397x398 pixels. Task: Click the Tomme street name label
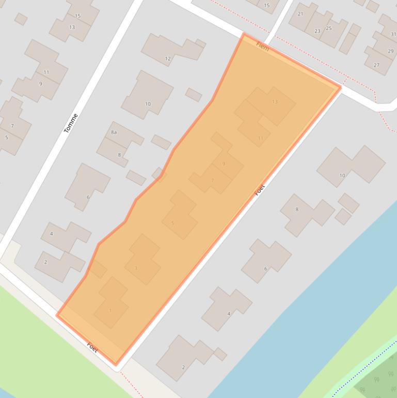click(71, 123)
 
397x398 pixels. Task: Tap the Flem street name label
click(263, 47)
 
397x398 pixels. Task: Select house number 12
click(168, 58)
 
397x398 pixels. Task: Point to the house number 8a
click(114, 133)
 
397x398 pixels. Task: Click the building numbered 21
click(300, 14)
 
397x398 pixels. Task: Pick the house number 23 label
click(317, 31)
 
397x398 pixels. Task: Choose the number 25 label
click(329, 28)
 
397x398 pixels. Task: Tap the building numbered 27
click(376, 65)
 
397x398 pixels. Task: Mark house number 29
click(390, 51)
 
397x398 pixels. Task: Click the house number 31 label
click(393, 34)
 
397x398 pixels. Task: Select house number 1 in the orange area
click(110, 311)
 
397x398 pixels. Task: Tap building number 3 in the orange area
click(136, 268)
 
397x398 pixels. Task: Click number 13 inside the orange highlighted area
click(275, 102)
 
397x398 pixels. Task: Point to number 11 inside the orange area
click(260, 138)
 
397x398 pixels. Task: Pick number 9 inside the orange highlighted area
click(224, 164)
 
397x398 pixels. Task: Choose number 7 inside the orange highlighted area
click(213, 180)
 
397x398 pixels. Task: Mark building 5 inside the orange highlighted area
click(173, 223)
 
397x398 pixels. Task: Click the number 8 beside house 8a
click(119, 155)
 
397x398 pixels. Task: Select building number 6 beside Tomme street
click(88, 197)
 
